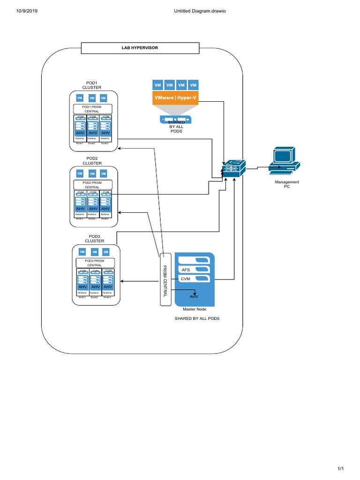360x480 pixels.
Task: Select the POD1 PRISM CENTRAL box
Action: (92, 109)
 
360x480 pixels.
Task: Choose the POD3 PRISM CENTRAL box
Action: (94, 262)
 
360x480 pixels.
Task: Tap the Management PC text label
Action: (287, 184)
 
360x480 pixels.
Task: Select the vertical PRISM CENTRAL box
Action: (165, 279)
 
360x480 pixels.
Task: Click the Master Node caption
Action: (194, 309)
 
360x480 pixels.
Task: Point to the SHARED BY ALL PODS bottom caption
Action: (197, 318)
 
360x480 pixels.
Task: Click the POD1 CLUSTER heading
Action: (92, 85)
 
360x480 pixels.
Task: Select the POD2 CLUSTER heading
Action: (92, 161)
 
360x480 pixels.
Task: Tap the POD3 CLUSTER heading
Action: (94, 239)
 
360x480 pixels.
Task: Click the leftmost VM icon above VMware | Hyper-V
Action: (157, 85)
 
